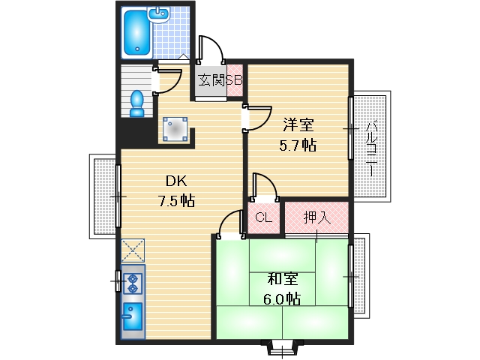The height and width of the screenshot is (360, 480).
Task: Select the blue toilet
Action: (x=136, y=103)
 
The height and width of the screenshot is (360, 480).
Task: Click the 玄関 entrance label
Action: (x=211, y=80)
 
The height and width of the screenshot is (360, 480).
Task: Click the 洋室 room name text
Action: (x=298, y=124)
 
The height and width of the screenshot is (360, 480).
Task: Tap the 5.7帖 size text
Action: (x=298, y=145)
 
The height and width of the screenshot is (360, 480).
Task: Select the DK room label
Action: (x=176, y=181)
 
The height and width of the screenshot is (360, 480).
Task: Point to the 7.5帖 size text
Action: (x=176, y=200)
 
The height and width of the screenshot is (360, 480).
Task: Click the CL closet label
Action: (x=262, y=218)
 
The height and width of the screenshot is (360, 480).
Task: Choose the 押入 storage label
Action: (x=316, y=218)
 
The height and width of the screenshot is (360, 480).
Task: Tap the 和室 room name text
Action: (x=283, y=280)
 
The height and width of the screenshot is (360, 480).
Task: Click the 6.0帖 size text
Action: (x=283, y=299)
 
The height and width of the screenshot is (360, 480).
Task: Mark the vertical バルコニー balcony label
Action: (x=370, y=147)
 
